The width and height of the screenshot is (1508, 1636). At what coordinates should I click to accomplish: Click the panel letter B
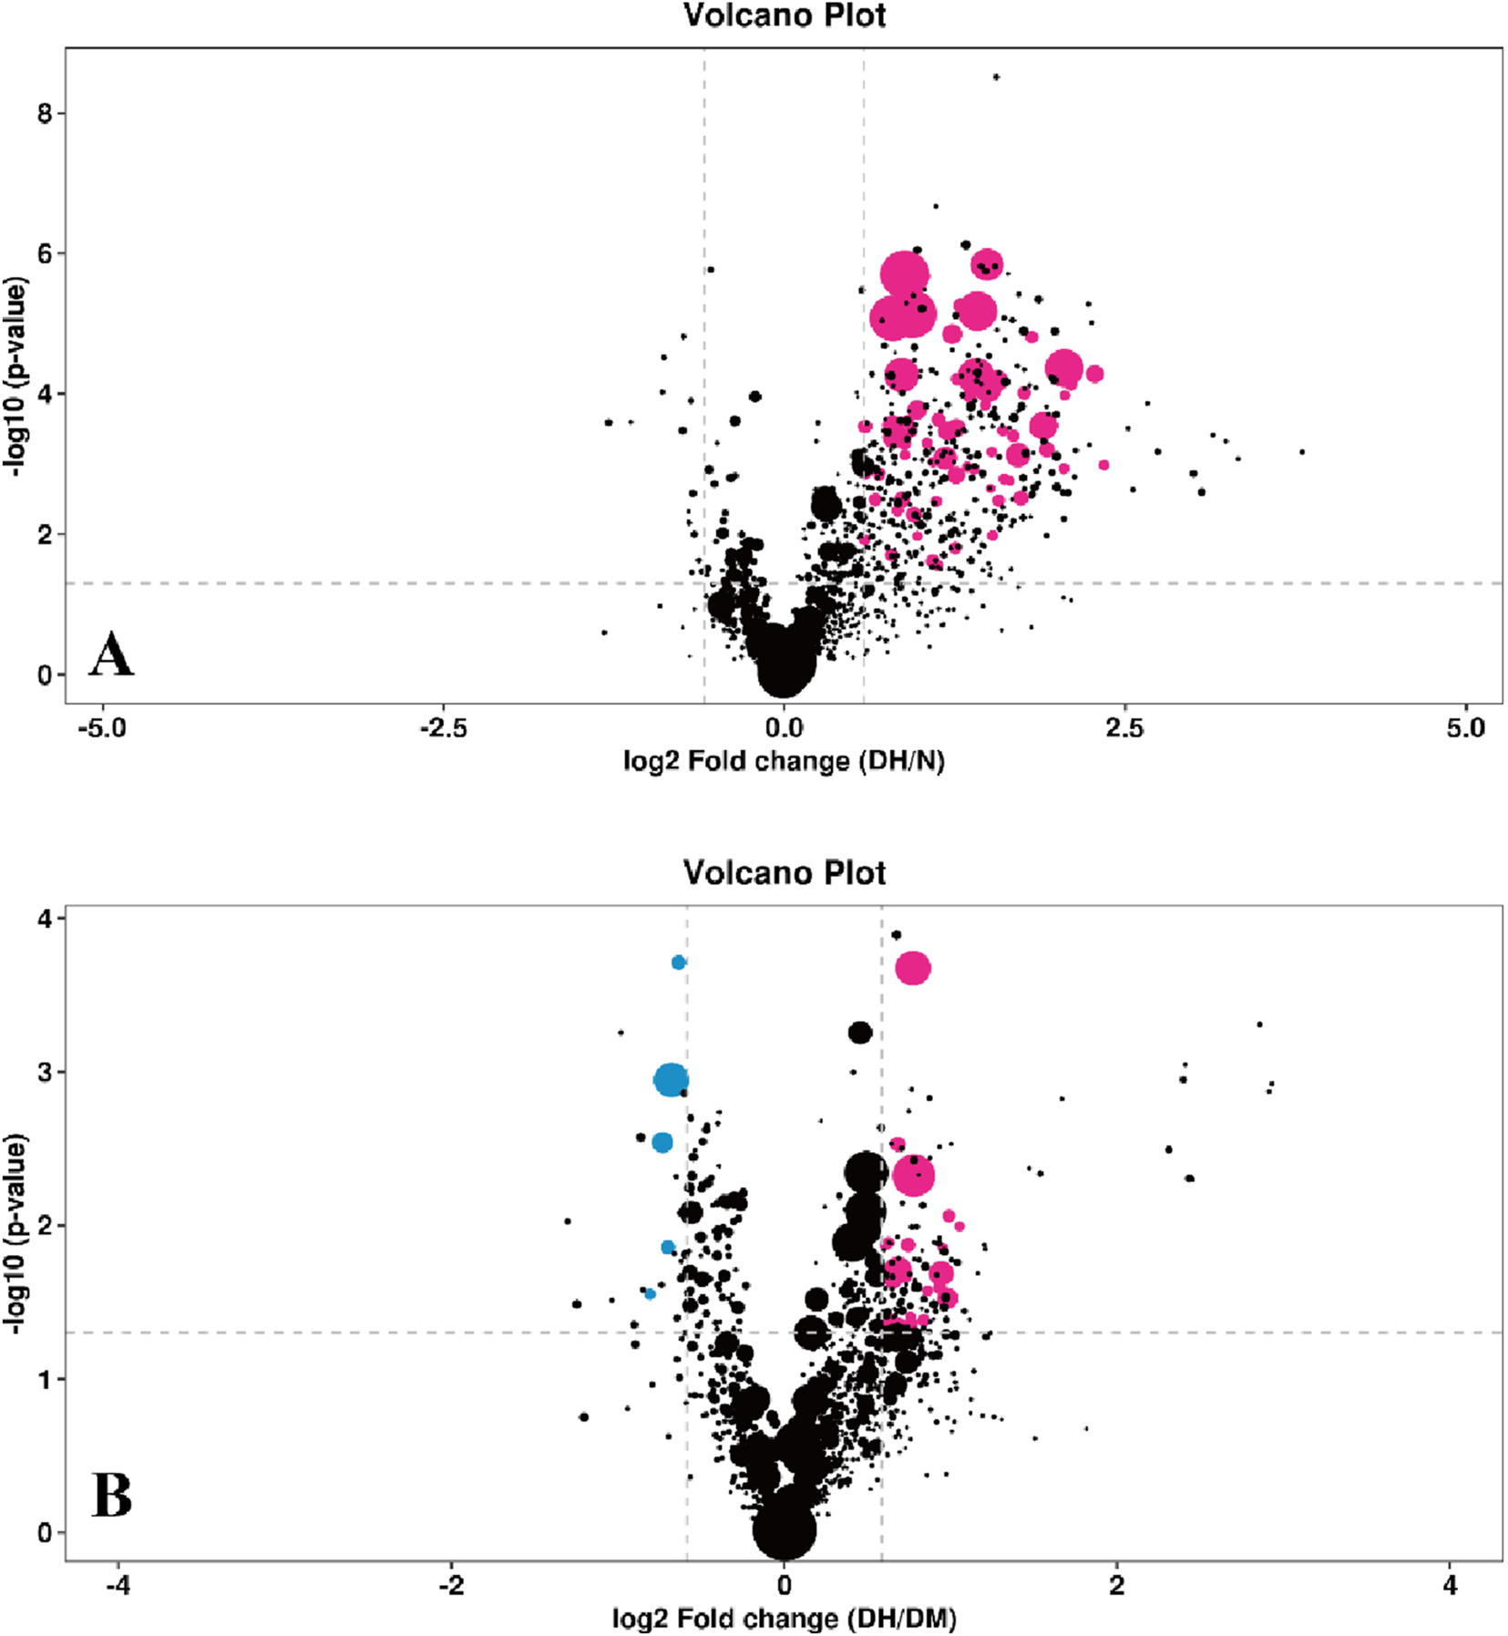[x=111, y=1495]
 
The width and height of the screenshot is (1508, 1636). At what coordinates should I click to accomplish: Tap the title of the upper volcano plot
[x=785, y=15]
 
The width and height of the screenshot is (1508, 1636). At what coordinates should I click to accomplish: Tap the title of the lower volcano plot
[x=785, y=872]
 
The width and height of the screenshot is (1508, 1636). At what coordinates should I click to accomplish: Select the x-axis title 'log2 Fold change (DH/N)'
[x=784, y=760]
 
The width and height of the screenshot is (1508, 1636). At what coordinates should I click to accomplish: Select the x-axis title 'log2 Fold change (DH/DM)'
[x=784, y=1619]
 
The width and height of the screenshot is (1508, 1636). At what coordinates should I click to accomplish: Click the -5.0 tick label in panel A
[x=102, y=728]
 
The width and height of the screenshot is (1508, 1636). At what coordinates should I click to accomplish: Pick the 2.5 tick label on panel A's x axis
[x=1124, y=728]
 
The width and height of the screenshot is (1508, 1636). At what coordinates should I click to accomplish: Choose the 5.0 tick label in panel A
[x=1465, y=728]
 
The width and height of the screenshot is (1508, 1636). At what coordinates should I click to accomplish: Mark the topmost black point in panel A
[x=997, y=77]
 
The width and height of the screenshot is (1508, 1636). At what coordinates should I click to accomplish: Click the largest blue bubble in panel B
[x=672, y=1080]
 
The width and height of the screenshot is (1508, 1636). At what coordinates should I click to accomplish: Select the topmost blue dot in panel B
[x=679, y=962]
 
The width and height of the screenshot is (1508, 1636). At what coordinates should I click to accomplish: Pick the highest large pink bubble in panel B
[x=913, y=968]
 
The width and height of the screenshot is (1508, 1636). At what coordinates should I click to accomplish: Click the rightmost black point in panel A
[x=1302, y=452]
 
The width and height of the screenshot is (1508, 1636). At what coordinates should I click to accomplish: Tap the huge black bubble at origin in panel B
[x=785, y=1528]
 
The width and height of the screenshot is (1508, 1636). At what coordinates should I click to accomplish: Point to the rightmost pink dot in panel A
[x=1103, y=465]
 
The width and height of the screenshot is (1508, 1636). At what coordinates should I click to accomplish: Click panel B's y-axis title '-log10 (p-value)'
[x=15, y=1234]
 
